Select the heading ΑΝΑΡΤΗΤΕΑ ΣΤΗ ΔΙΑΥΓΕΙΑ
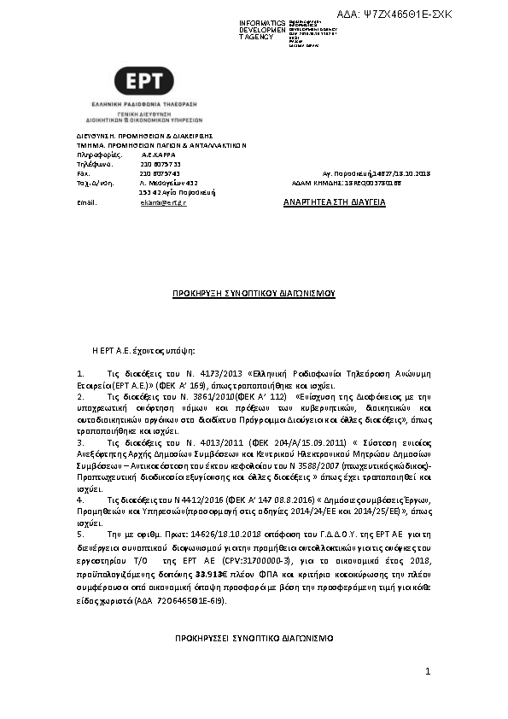coord(335,202)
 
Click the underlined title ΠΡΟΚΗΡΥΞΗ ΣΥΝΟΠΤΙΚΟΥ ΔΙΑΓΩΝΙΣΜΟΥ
coord(254,293)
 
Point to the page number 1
coord(428,673)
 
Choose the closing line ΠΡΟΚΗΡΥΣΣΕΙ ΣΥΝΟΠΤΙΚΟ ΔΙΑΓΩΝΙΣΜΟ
coord(254,638)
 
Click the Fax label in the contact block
coord(84,173)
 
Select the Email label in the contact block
coord(87,203)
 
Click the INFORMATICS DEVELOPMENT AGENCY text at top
coord(262,29)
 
